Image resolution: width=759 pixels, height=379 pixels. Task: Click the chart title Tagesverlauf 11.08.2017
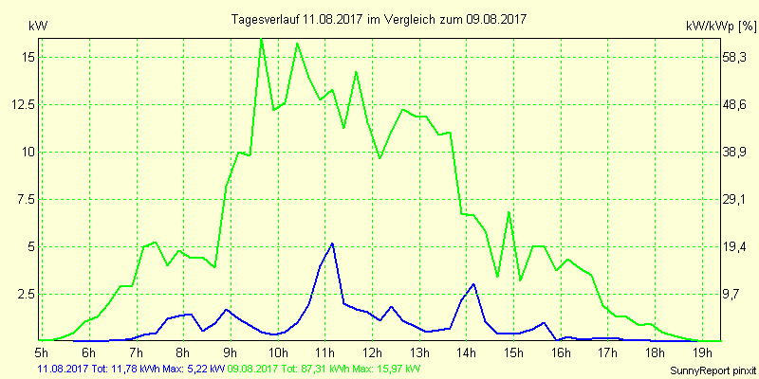(x=380, y=19)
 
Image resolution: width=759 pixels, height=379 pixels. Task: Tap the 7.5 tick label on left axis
(x=25, y=199)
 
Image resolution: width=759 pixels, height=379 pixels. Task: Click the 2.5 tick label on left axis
(x=25, y=294)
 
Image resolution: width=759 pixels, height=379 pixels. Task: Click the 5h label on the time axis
(x=42, y=353)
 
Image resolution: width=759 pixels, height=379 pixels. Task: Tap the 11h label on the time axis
(x=325, y=353)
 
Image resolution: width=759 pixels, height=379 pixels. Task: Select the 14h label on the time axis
(x=466, y=353)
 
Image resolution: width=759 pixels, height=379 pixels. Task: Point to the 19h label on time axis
(x=699, y=353)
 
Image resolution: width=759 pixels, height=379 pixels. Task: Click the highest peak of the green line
(x=262, y=39)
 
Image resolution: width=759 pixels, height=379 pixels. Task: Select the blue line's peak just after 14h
(x=473, y=284)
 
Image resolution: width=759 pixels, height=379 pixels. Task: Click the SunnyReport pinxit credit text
(x=716, y=370)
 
